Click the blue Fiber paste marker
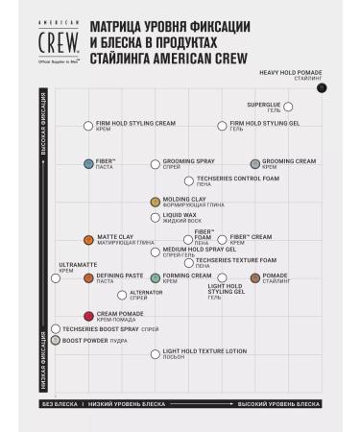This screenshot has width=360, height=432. pyautogui.click(x=87, y=164)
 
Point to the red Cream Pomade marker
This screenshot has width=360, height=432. pyautogui.click(x=88, y=316)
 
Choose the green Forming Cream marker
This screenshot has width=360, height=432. pyautogui.click(x=156, y=277)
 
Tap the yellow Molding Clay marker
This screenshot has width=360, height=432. pyautogui.click(x=156, y=202)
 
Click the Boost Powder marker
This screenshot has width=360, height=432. pyautogui.click(x=56, y=340)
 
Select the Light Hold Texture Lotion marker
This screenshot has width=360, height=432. pyautogui.click(x=156, y=354)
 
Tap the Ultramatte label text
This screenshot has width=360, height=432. pyautogui.click(x=78, y=264)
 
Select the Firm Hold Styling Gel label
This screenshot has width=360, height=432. pyautogui.click(x=265, y=123)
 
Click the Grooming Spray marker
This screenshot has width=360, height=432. pyautogui.click(x=156, y=164)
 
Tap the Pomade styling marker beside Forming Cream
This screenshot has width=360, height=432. pyautogui.click(x=254, y=277)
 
